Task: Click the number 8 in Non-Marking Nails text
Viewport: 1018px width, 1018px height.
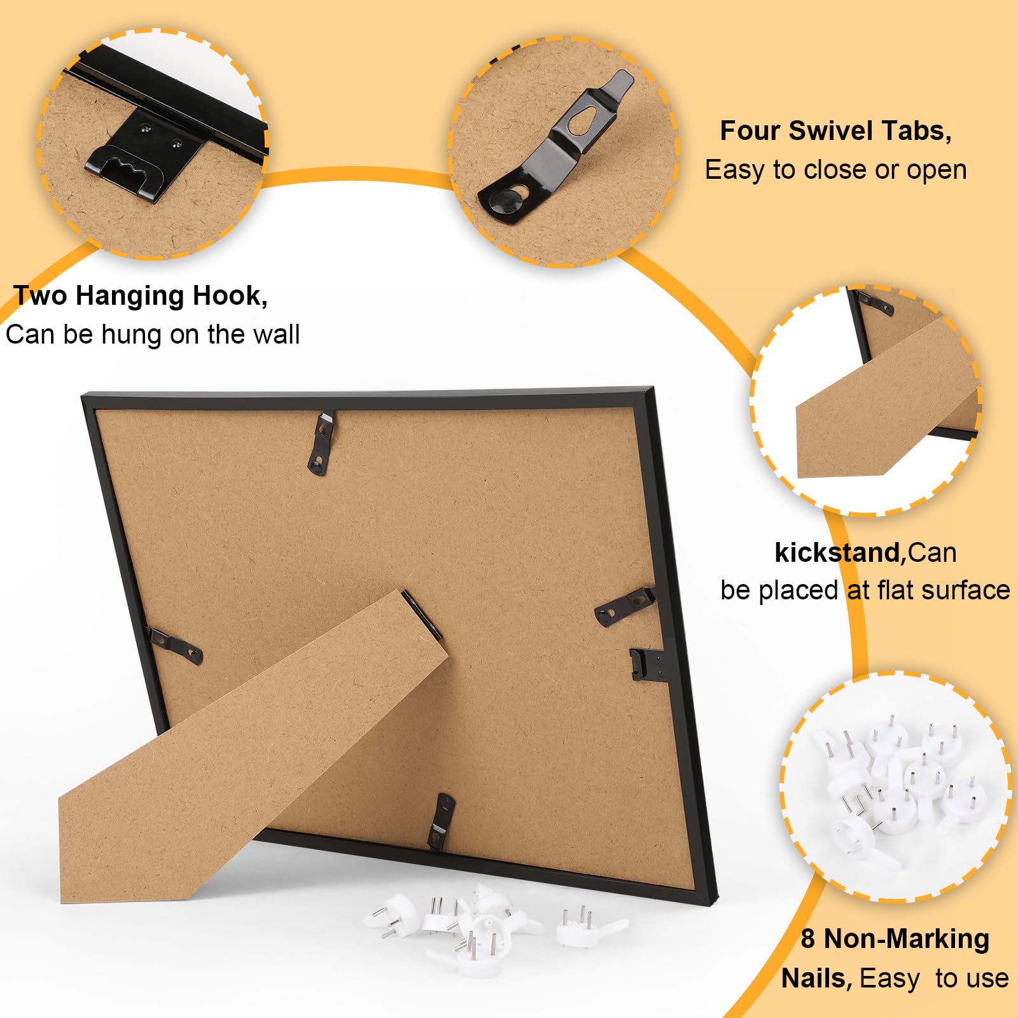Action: point(807,938)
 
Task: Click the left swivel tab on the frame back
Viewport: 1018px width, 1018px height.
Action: point(174,644)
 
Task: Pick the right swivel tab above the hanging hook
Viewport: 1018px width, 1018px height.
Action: point(624,605)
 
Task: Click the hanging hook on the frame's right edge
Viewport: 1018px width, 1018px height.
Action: point(645,664)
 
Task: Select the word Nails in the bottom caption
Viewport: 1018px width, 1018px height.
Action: point(816,979)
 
